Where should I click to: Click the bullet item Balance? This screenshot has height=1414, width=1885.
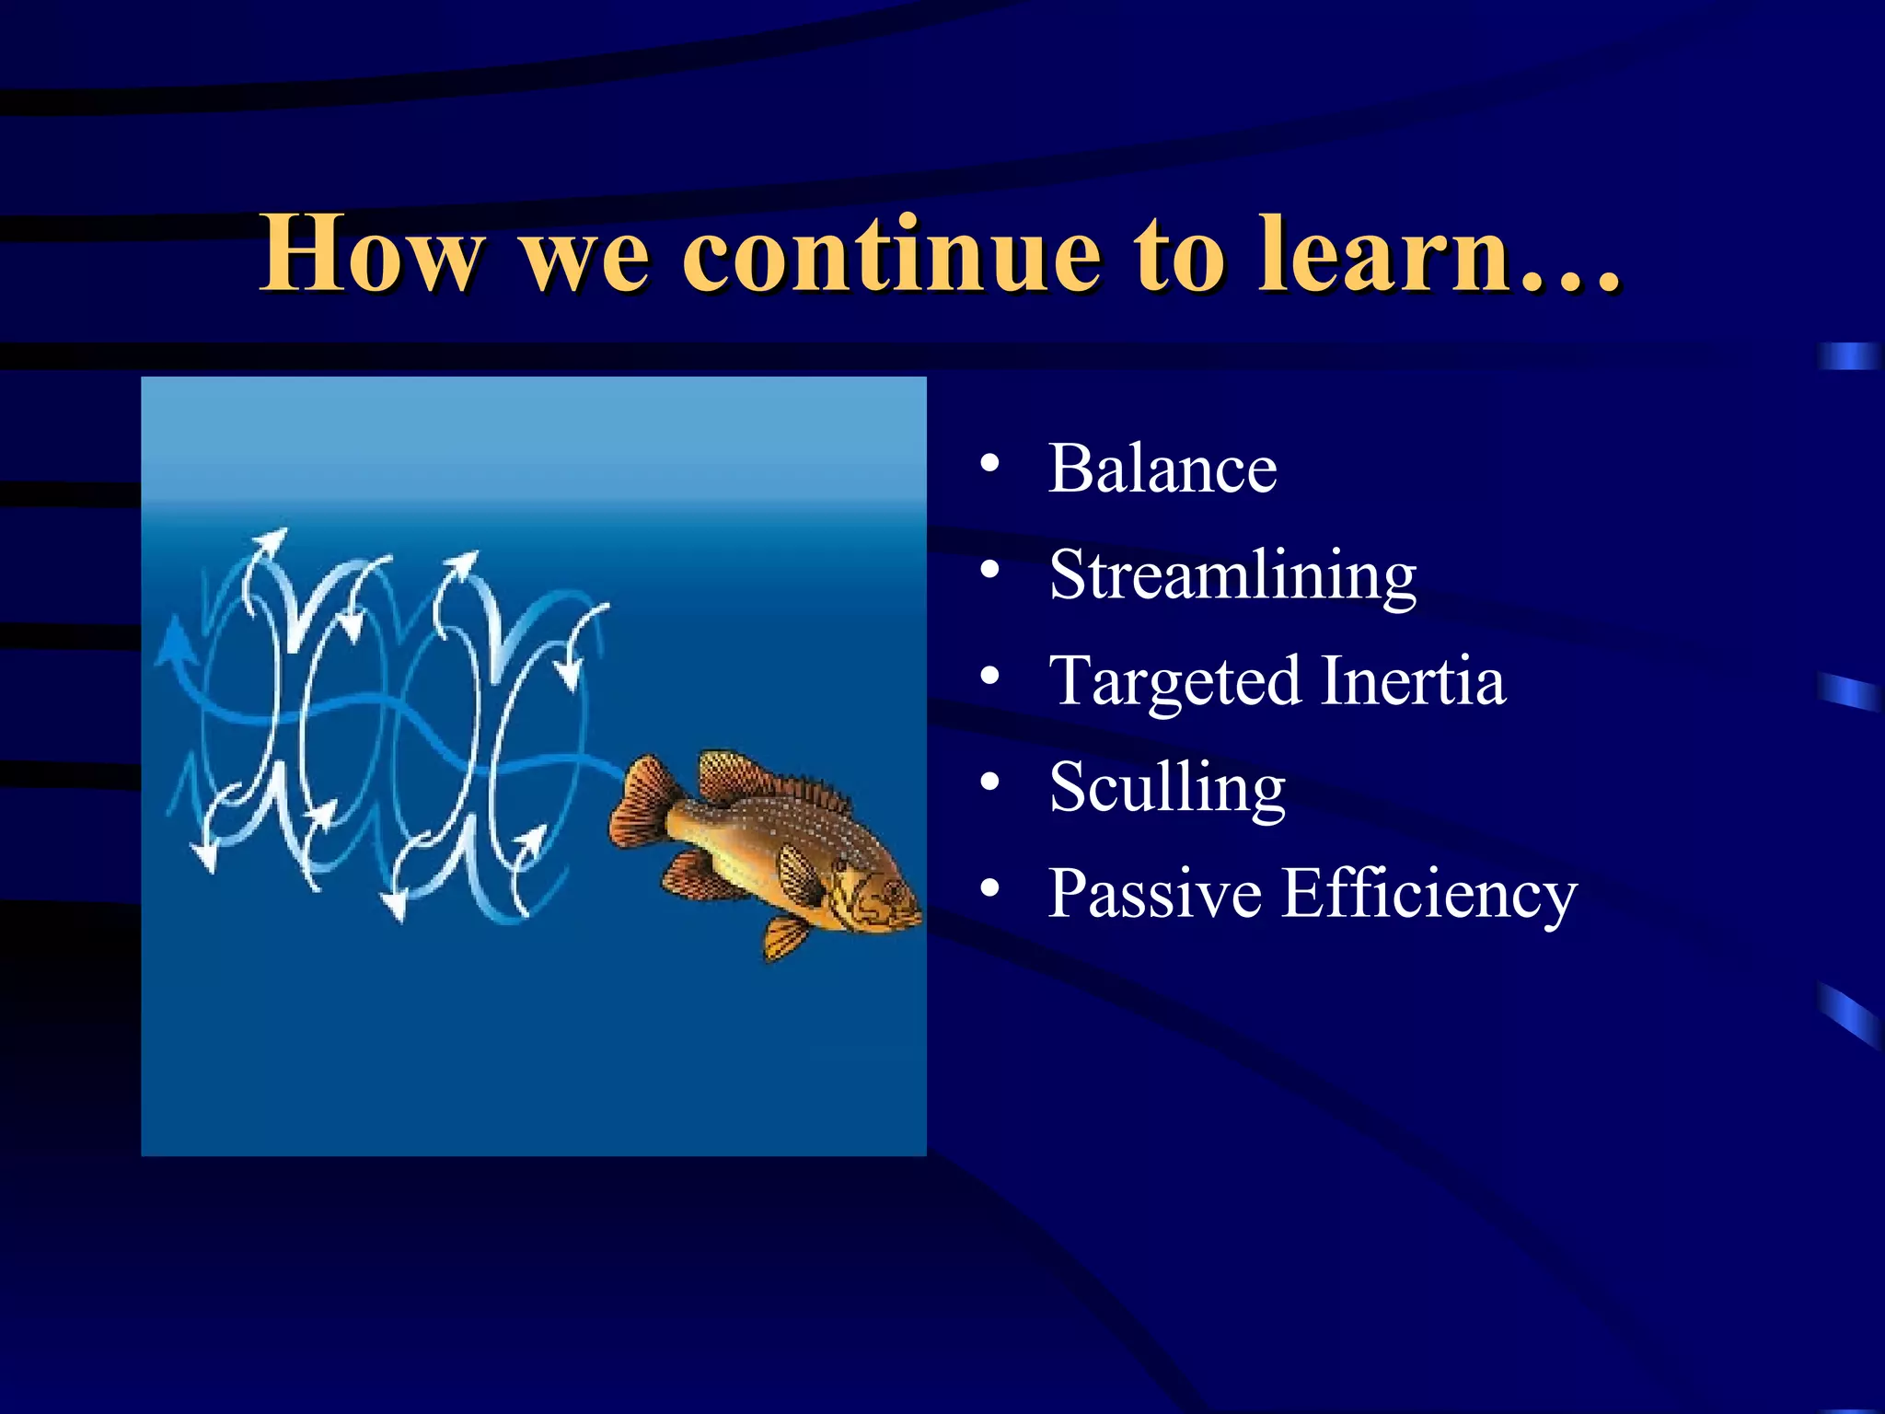[x=1162, y=469]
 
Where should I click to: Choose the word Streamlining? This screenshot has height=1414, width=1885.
[x=1232, y=575]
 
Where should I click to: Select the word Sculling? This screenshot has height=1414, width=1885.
[x=1166, y=788]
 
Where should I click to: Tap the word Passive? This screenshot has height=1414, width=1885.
[x=1154, y=893]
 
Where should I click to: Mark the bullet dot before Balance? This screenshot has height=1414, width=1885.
[x=989, y=463]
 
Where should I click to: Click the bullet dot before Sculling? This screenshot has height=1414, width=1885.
[x=989, y=782]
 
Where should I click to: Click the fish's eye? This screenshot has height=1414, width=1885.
[x=891, y=889]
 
